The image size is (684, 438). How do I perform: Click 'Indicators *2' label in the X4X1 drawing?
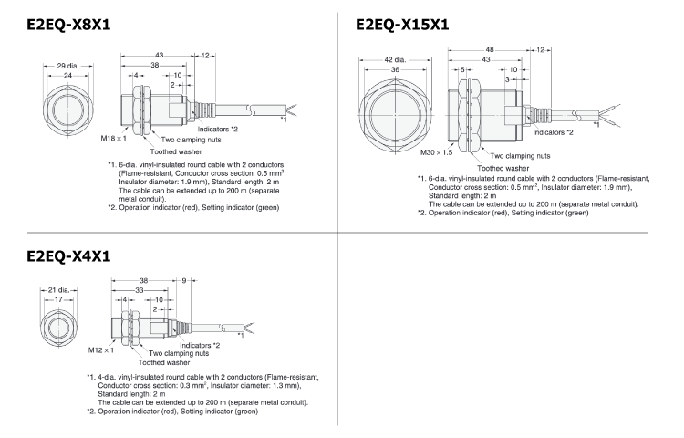(201, 345)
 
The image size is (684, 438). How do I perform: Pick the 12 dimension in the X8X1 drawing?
(209, 57)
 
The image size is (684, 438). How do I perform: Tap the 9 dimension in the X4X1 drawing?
(186, 281)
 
